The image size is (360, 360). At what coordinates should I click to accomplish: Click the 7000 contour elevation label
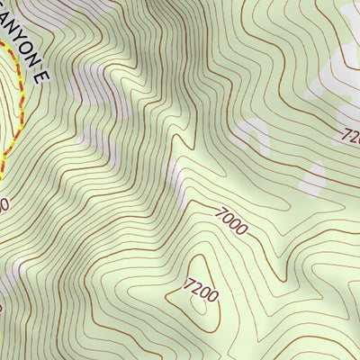pos(231,220)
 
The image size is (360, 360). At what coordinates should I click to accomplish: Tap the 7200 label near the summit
pos(200,291)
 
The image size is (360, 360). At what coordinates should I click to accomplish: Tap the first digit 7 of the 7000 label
pos(220,211)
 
